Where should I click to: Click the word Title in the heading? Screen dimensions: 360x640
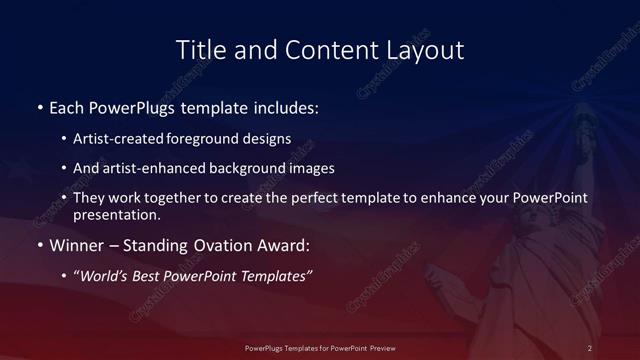[198, 49]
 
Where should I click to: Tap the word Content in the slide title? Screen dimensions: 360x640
[323, 49]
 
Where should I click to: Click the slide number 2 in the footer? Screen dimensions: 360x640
[590, 347]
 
